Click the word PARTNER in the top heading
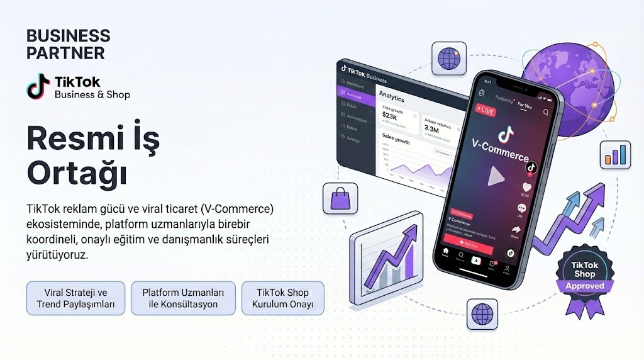click(x=65, y=52)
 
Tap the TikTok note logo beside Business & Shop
click(x=38, y=87)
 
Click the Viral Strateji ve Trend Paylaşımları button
click(x=75, y=298)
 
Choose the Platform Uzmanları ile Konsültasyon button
click(x=183, y=298)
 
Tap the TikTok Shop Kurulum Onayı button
click(x=282, y=298)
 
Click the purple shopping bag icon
click(x=340, y=199)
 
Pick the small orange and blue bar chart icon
click(x=615, y=154)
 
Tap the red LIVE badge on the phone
click(x=485, y=111)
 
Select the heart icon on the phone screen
click(x=527, y=187)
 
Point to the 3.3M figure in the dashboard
click(x=431, y=130)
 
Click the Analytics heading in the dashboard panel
click(x=392, y=98)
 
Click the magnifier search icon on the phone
click(x=545, y=113)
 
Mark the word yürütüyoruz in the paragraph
click(x=57, y=256)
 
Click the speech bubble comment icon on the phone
click(x=521, y=208)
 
